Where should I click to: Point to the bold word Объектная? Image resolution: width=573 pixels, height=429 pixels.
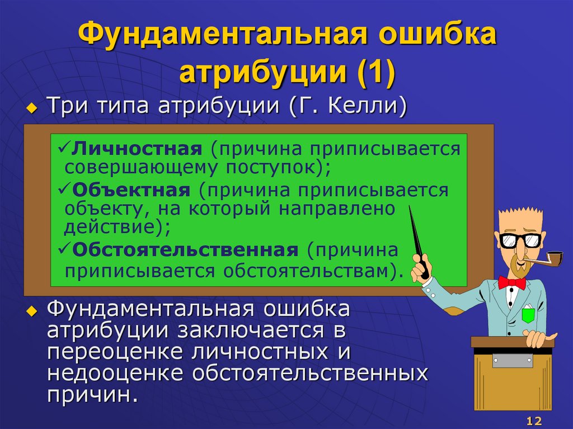[x=131, y=190]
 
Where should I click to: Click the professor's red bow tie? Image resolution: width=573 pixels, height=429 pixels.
[x=511, y=282]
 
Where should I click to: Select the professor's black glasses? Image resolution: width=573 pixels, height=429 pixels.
[x=520, y=241]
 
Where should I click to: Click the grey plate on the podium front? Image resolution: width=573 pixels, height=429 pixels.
[x=512, y=361]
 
